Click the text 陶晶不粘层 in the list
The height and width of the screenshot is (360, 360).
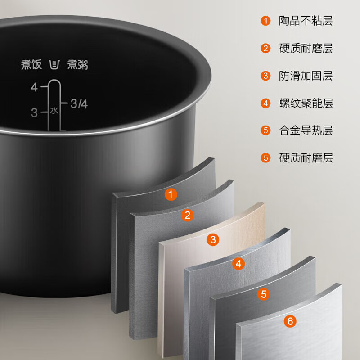click(306, 21)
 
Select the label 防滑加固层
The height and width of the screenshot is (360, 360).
click(306, 76)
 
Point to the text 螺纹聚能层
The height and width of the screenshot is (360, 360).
click(306, 103)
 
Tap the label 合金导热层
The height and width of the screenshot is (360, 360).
click(306, 130)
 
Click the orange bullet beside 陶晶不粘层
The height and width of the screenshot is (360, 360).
click(265, 21)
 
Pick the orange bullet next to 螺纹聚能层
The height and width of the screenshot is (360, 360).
click(265, 103)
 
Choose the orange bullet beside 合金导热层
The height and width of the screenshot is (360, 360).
click(265, 130)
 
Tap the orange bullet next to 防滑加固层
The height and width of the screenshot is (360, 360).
click(265, 76)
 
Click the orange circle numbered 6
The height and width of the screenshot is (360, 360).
click(290, 321)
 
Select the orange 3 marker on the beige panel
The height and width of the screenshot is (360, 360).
click(213, 239)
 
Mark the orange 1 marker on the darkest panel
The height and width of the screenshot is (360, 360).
click(171, 194)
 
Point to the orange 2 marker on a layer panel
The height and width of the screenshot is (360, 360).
click(187, 215)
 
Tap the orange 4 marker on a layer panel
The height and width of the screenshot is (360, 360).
click(238, 264)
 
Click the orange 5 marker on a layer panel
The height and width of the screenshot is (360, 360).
click(264, 294)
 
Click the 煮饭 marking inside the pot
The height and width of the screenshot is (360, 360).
click(31, 64)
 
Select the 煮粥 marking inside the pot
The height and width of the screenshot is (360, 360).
click(77, 64)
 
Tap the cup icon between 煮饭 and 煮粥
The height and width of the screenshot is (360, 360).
click(54, 65)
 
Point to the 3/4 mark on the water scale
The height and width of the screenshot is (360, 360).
click(79, 104)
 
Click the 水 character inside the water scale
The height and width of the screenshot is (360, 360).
click(54, 111)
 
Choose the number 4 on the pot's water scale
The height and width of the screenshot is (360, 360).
click(35, 87)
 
